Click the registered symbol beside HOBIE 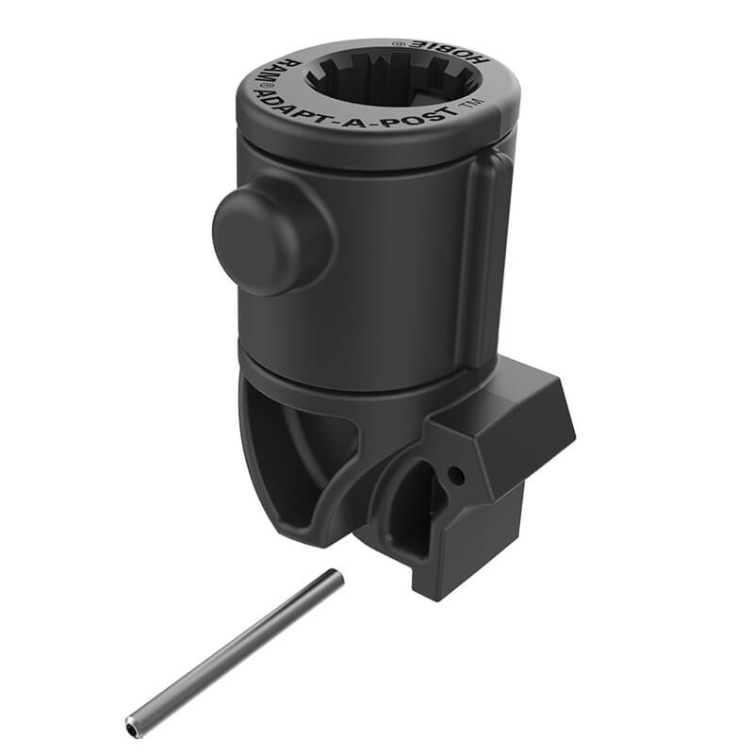(x=399, y=41)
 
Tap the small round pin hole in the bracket (x=456, y=477)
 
